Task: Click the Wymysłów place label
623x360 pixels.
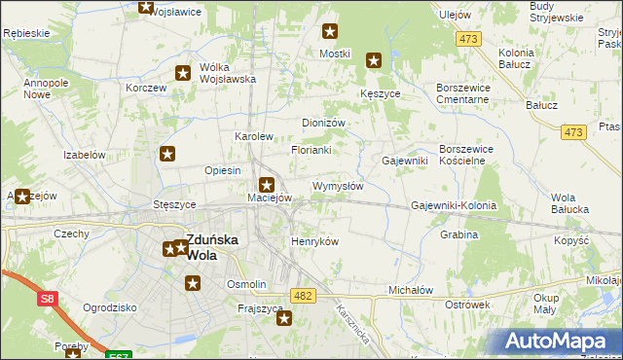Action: coord(338,186)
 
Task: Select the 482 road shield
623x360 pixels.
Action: coord(302,295)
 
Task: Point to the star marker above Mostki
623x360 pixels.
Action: coord(331,31)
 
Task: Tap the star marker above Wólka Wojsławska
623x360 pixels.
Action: coord(182,71)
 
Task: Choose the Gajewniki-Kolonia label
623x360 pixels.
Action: coord(454,206)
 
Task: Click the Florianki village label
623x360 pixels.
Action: coord(311,151)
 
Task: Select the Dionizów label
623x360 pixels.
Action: coord(324,124)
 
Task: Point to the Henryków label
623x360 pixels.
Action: coord(314,241)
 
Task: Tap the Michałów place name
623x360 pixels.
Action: coord(410,290)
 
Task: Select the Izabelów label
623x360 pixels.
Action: coord(84,155)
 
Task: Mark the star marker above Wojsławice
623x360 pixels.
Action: coord(146,7)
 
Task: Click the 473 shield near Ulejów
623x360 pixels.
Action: coord(469,38)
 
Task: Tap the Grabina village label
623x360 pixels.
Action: coord(458,234)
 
